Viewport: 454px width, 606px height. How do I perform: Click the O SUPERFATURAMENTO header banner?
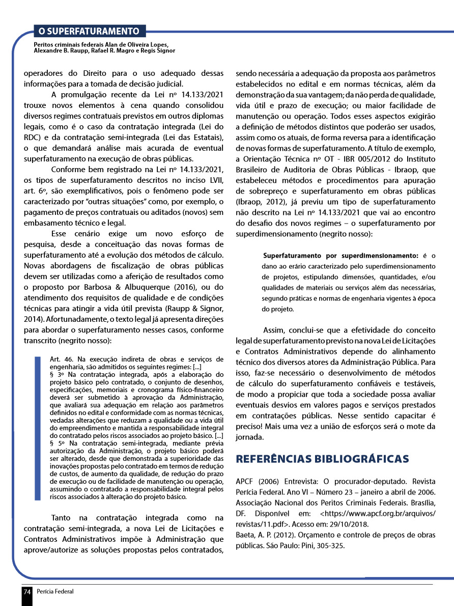(x=89, y=31)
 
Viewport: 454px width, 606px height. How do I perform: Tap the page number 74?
(x=27, y=592)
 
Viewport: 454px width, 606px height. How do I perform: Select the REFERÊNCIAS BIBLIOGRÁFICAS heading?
(x=323, y=459)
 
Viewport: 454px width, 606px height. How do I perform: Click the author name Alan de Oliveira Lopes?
(x=134, y=45)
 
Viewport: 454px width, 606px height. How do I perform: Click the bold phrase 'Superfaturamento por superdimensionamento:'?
(x=340, y=255)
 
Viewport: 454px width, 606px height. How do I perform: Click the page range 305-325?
(x=330, y=545)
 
